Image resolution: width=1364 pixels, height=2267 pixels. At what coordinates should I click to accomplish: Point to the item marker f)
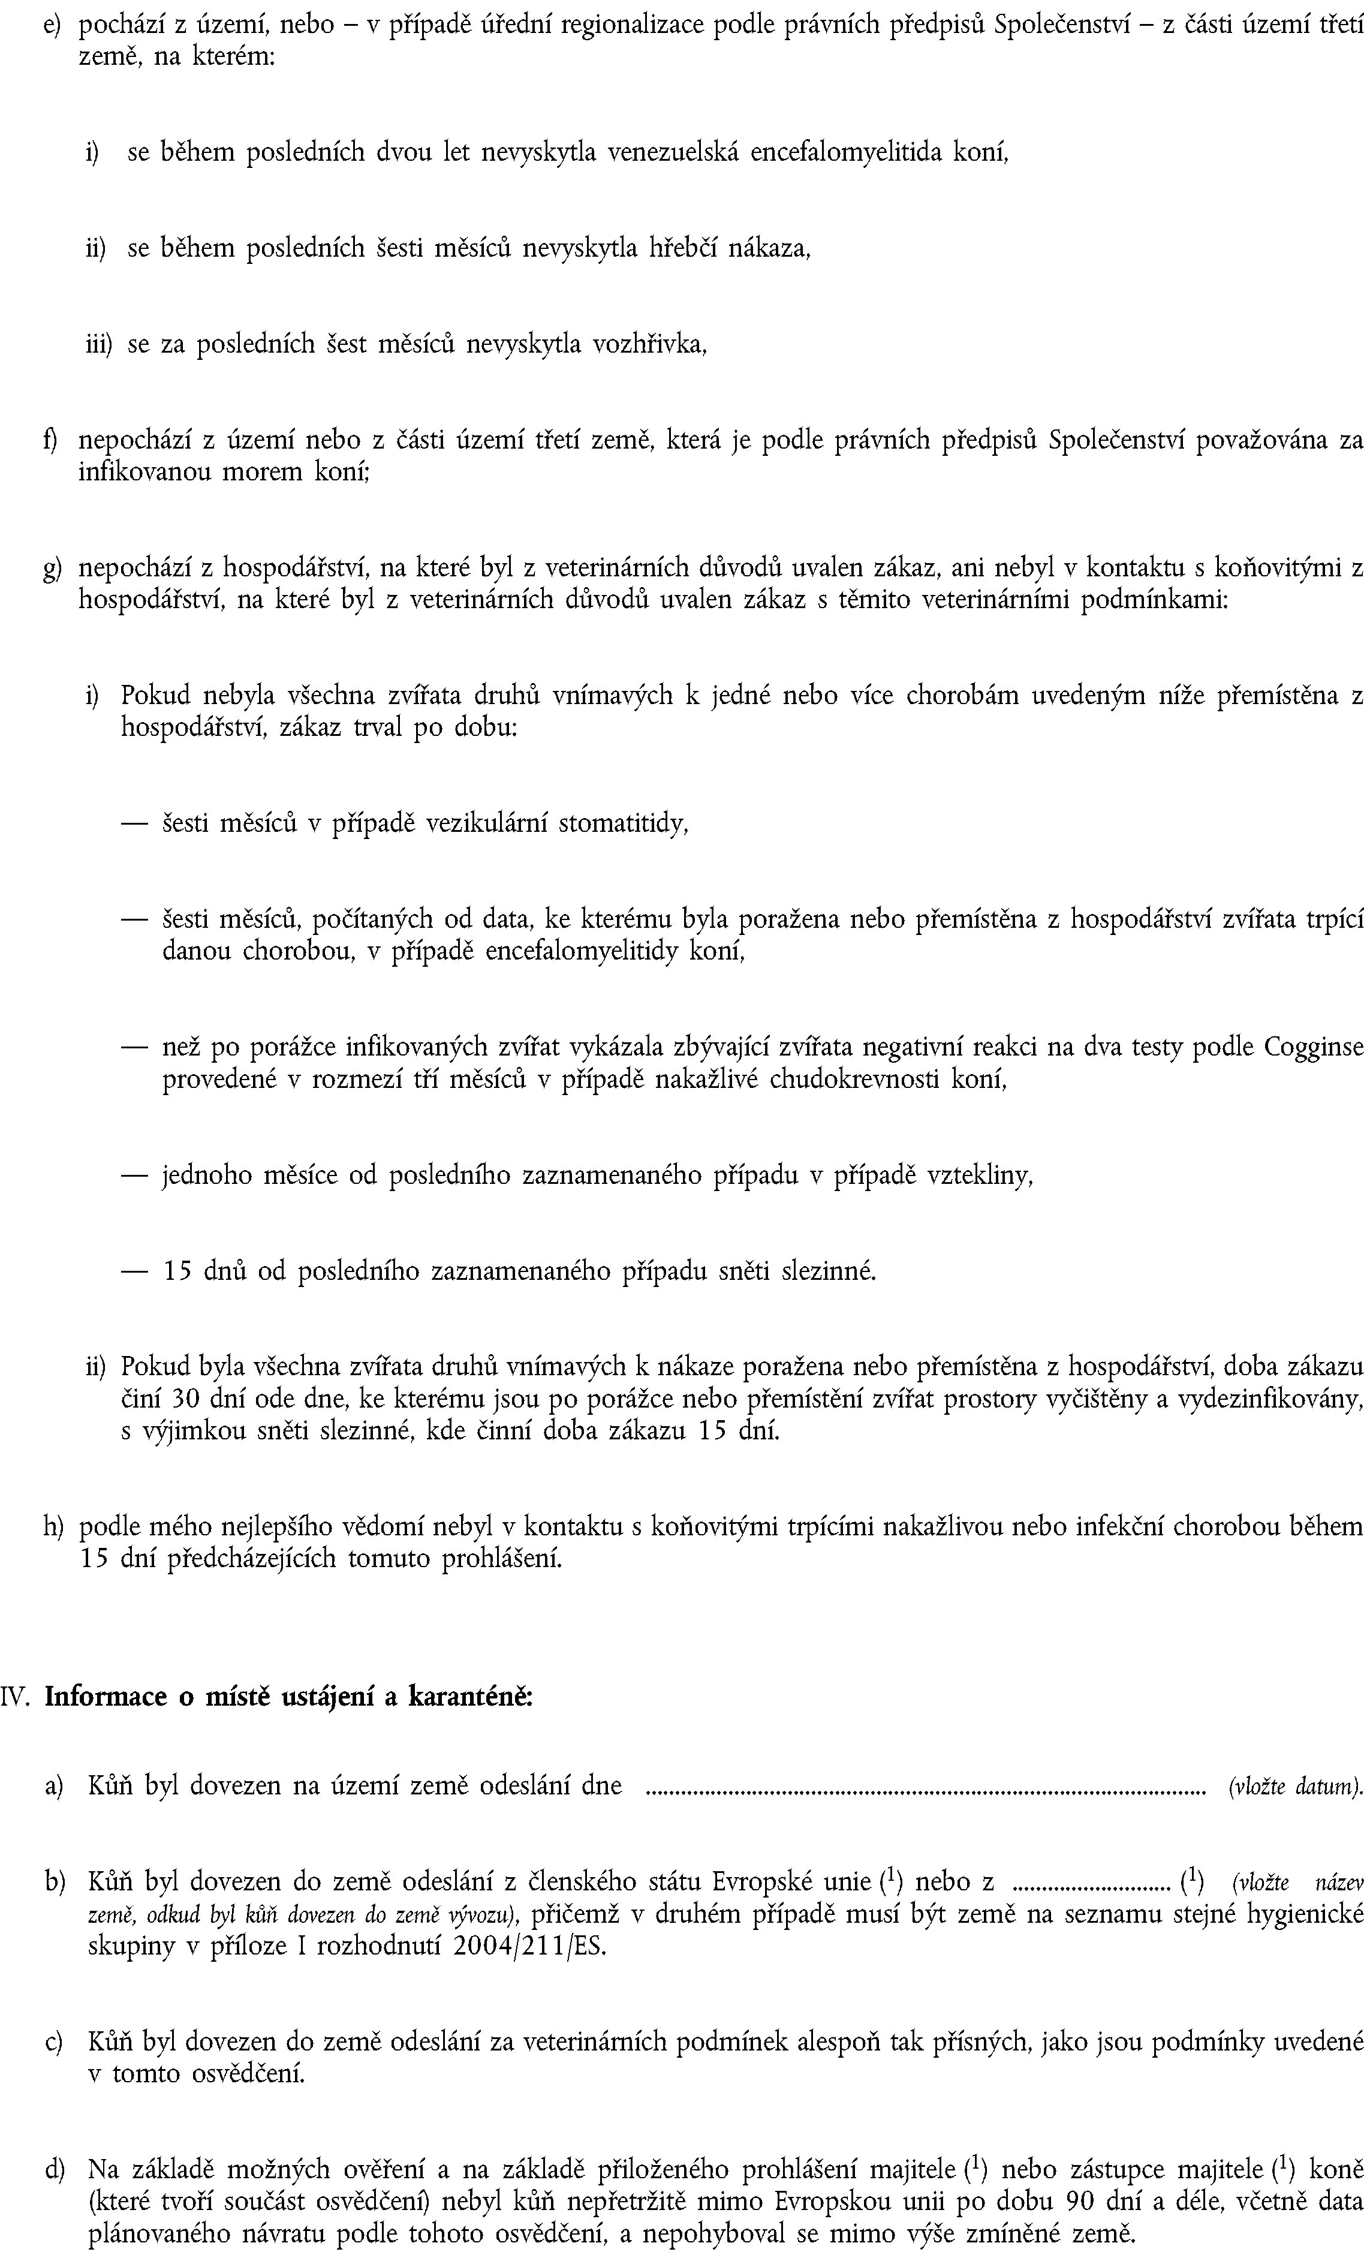pos(52,440)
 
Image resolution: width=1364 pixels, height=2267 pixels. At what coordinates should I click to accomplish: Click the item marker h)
pos(53,1527)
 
